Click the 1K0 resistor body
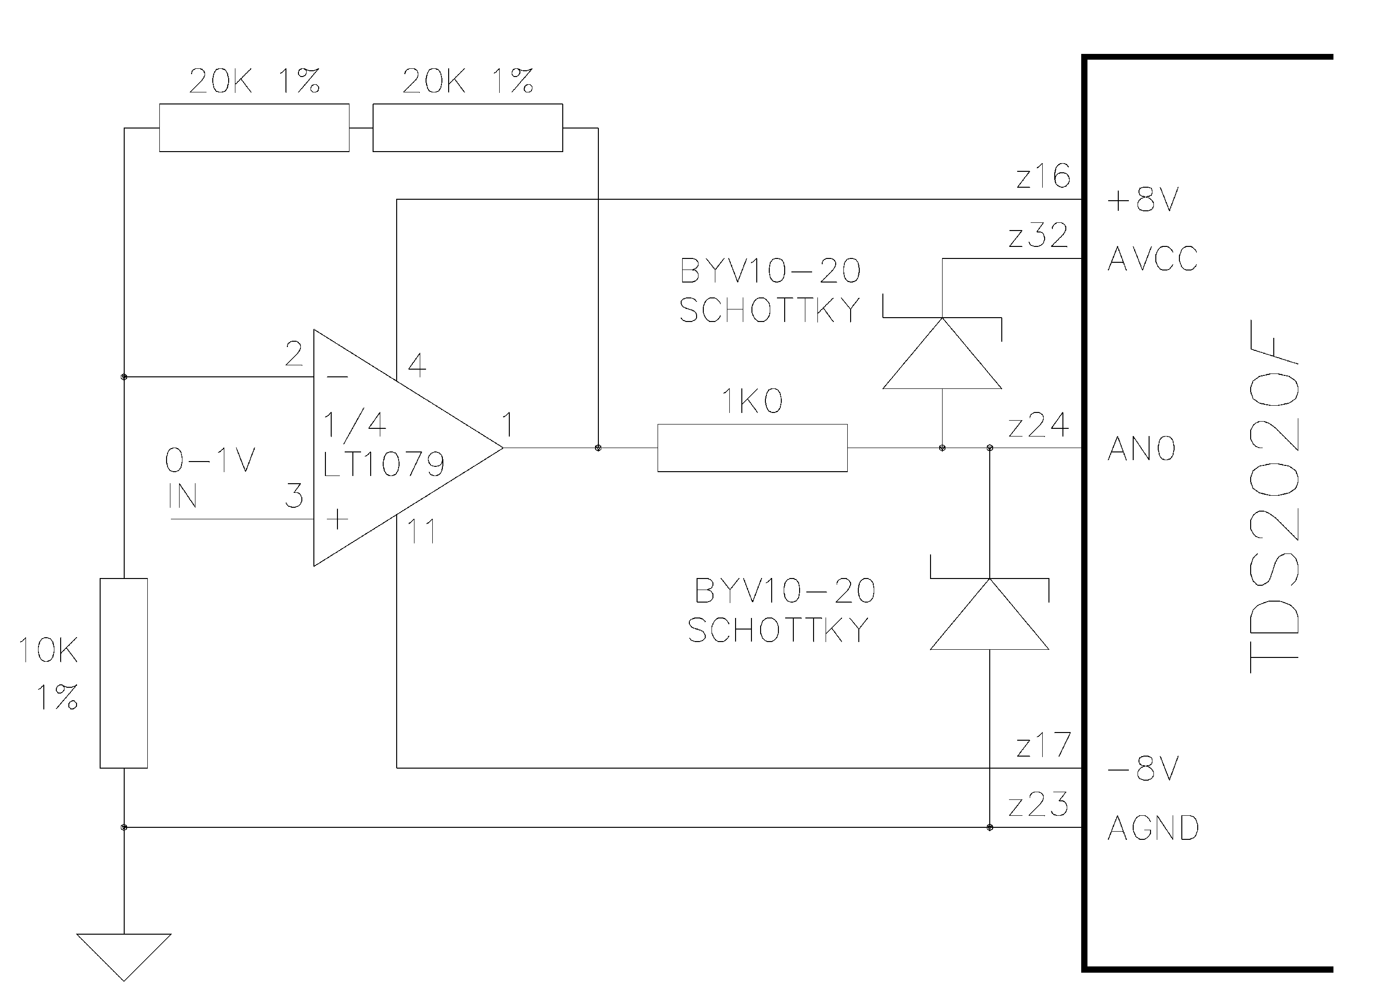(752, 448)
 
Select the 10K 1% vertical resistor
(123, 673)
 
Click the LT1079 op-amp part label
(383, 465)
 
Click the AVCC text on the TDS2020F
(1152, 258)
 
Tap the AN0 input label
(1141, 449)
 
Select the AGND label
(1153, 828)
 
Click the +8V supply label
(1142, 200)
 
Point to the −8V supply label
(1142, 769)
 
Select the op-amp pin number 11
(421, 531)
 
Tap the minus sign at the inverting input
(337, 377)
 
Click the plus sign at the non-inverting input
(337, 519)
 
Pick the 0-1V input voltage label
(210, 460)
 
